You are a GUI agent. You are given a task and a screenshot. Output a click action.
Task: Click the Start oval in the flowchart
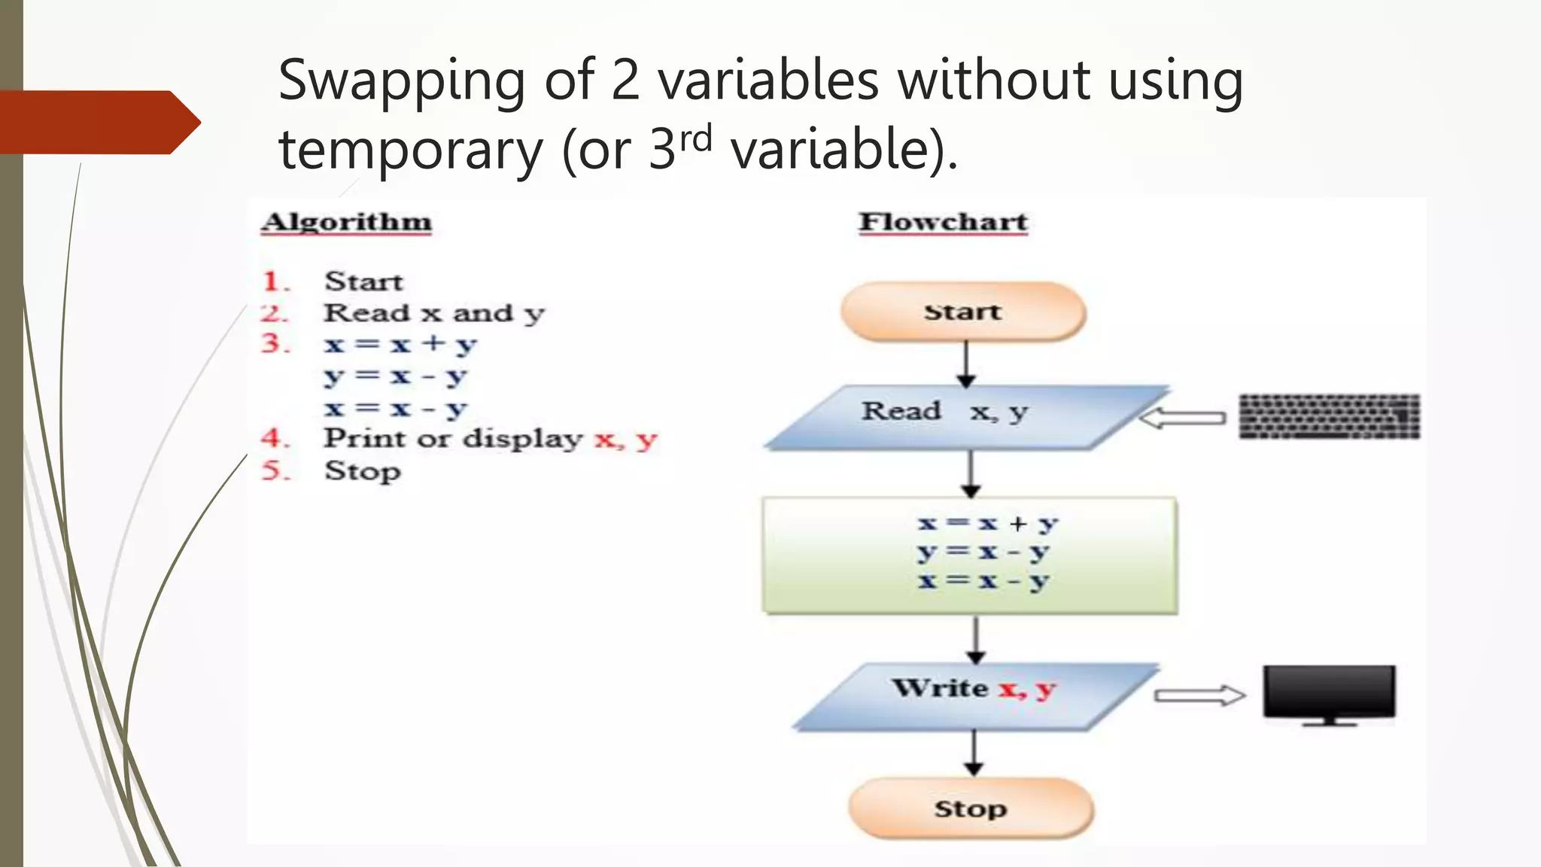[963, 312]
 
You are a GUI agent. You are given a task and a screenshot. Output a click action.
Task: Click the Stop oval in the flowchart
[971, 808]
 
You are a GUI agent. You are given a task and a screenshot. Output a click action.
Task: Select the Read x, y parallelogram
[967, 418]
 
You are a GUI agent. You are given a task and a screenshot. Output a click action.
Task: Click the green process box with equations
[970, 555]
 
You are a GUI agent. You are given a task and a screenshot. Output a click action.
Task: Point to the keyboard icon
[1330, 416]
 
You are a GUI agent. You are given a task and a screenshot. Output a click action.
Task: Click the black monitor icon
[1330, 693]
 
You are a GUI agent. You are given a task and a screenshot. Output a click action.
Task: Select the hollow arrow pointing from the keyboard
[1183, 418]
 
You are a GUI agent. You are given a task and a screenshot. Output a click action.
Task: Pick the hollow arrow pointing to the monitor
[1199, 695]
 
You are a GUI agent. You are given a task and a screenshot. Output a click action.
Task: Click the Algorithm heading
[346, 222]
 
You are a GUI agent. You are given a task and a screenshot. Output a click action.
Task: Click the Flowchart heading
[943, 222]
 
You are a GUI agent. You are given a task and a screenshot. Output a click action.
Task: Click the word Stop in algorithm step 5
[363, 471]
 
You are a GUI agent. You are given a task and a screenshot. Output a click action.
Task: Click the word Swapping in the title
[402, 81]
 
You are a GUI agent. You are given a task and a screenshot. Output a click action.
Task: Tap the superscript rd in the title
[696, 138]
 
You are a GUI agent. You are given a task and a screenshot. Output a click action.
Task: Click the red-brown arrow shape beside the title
[98, 122]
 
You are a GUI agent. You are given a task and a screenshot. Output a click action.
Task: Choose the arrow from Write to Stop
[974, 753]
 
